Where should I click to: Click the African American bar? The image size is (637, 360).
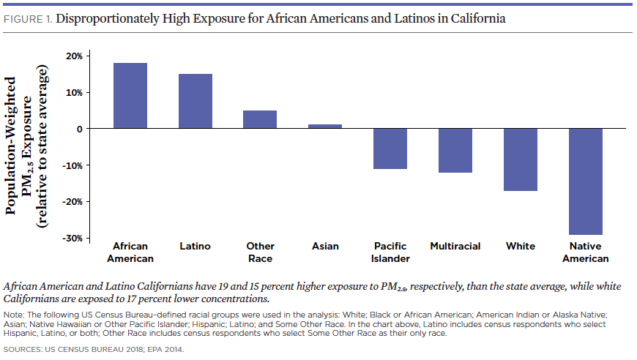130,96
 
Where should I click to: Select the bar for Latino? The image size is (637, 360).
195,101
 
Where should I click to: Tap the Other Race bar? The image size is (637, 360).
260,119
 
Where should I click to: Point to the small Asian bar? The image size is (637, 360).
325,127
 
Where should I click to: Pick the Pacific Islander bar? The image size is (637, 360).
390,149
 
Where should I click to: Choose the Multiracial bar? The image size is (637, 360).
455,151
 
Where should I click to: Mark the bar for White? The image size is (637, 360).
521,160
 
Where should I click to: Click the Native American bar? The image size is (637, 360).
585,181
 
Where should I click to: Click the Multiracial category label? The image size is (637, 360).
455,247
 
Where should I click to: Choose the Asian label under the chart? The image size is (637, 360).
325,247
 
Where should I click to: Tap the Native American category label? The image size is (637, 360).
585,252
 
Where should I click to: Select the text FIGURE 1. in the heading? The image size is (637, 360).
29,19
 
